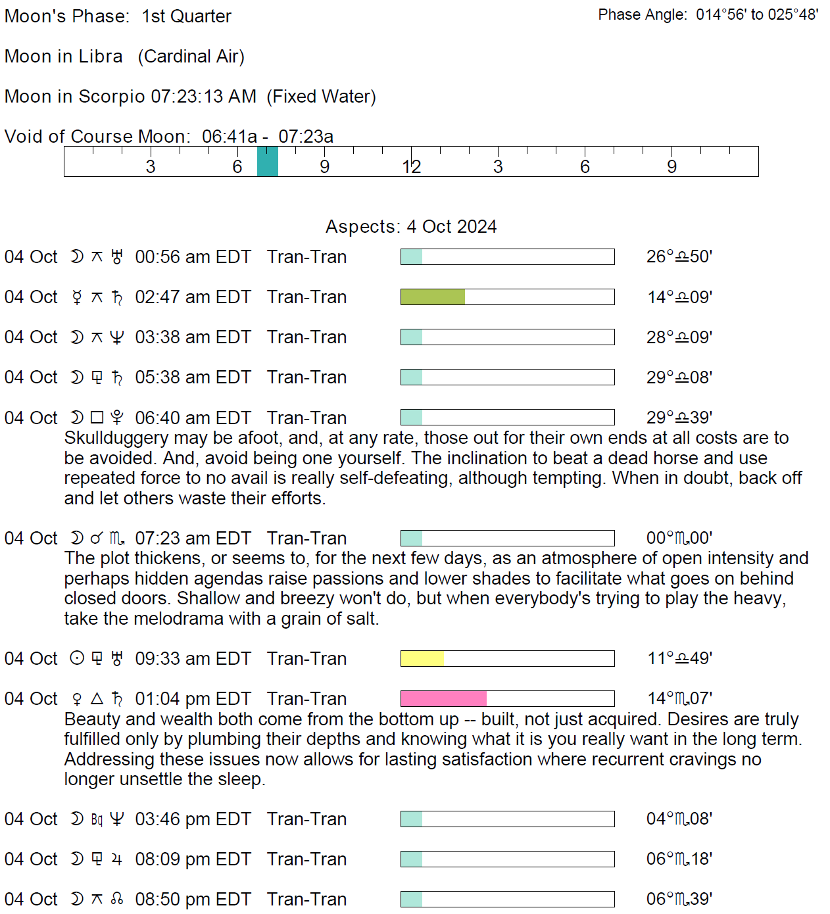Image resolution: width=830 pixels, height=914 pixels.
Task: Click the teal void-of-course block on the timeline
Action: coord(267,161)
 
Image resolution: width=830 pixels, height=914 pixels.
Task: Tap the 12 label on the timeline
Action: coord(411,167)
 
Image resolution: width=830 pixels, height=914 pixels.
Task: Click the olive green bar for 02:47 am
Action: coord(432,297)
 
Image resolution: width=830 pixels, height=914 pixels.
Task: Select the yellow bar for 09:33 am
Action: coord(422,658)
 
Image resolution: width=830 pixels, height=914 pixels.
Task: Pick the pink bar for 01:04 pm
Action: coord(443,698)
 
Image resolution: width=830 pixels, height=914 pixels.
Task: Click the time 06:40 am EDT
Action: coord(193,418)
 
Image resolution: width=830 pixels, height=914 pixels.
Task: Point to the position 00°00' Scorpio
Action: coord(679,538)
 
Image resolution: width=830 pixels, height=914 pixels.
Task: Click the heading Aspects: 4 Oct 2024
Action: coord(411,227)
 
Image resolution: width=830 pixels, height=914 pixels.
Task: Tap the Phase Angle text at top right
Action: coord(708,14)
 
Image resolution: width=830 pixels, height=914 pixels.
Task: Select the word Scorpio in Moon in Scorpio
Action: coord(111,97)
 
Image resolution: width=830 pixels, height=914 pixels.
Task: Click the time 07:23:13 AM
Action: coord(203,97)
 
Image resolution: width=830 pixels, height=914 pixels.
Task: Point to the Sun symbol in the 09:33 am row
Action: coord(77,658)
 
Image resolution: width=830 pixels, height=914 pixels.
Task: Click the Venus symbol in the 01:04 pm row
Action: coord(77,699)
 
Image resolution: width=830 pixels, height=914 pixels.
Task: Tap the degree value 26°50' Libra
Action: coord(679,256)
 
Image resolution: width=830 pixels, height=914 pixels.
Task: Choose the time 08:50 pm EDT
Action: coord(193,899)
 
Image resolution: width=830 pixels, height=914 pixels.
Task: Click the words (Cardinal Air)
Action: coord(191,57)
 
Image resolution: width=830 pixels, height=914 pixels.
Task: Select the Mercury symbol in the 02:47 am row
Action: coord(77,298)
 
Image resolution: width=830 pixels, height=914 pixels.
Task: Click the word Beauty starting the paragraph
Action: coord(92,719)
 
